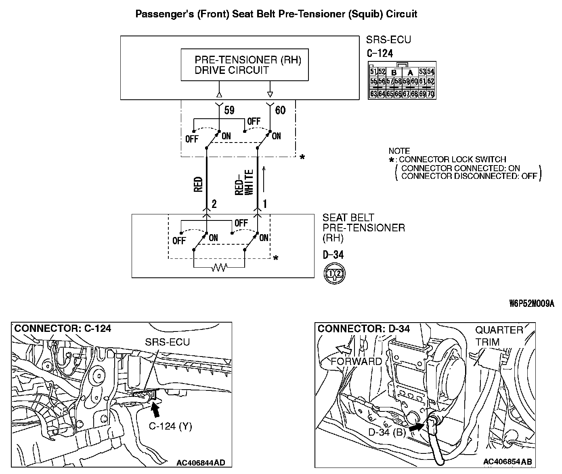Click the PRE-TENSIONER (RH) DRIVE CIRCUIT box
pyautogui.click(x=244, y=65)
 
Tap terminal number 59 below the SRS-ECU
pyautogui.click(x=229, y=110)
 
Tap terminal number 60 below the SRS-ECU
pyautogui.click(x=280, y=110)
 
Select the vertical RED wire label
pyautogui.click(x=198, y=184)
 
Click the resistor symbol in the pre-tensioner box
pyautogui.click(x=219, y=267)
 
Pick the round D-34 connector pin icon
pyautogui.click(x=335, y=274)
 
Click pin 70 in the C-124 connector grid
pyautogui.click(x=431, y=94)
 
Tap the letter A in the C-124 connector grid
pyautogui.click(x=410, y=73)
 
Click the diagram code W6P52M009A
pyautogui.click(x=531, y=304)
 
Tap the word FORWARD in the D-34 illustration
pyautogui.click(x=356, y=361)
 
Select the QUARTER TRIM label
pyautogui.click(x=499, y=336)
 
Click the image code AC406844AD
pyautogui.click(x=201, y=462)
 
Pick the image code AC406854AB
pyautogui.click(x=507, y=461)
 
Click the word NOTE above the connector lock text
pyautogui.click(x=399, y=151)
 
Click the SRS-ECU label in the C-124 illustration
pyautogui.click(x=167, y=342)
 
